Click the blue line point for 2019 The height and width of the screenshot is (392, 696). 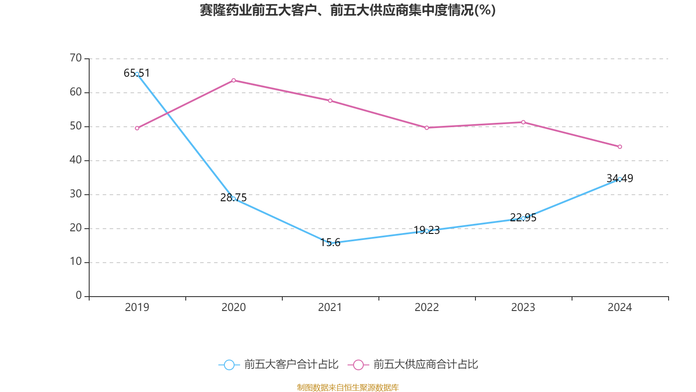pos(137,74)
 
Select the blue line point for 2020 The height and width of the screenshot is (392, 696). pos(234,199)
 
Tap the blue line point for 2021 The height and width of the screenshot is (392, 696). pos(330,243)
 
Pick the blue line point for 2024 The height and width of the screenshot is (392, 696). pos(619,179)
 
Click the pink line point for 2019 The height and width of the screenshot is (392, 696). pos(137,128)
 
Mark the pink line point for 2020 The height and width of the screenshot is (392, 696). pos(234,80)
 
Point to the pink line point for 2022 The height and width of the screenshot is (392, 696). pos(427,128)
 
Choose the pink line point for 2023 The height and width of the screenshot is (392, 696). pos(523,122)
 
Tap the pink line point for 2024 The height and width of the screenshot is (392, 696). pos(619,147)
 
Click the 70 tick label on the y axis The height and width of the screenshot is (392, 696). pos(76,58)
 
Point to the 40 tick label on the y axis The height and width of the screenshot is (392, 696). pos(76,160)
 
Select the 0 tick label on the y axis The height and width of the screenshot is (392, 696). pos(79,296)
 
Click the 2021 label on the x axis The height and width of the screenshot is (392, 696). pos(330,308)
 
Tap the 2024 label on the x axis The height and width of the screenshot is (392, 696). pos(619,308)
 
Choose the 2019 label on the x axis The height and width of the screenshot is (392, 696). pos(137,308)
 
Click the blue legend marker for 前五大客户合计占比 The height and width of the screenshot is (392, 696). pos(229,365)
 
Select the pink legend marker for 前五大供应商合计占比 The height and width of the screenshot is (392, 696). pos(358,365)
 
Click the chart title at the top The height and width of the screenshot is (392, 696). pos(348,10)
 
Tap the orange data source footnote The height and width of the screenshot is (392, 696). pos(348,387)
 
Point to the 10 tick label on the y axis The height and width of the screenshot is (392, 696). pos(76,262)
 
